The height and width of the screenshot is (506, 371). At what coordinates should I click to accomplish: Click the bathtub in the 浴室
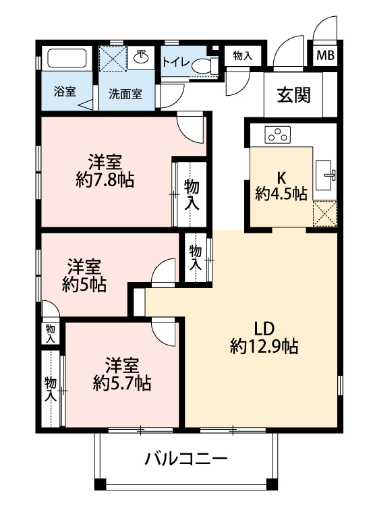coord(67,59)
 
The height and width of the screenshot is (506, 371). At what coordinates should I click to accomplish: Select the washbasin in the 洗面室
coord(141,57)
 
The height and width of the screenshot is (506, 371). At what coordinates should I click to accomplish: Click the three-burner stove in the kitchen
coord(277,134)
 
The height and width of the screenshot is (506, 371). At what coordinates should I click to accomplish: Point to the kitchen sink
coord(325,175)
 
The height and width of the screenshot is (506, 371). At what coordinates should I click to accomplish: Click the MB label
coord(325,55)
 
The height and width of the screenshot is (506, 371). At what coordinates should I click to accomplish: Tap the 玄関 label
coord(294,95)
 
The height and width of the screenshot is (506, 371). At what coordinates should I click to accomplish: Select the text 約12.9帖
coord(264,347)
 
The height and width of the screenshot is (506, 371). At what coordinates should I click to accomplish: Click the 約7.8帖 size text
coord(105,179)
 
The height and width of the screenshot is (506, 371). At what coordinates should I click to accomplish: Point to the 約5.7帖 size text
coord(122,383)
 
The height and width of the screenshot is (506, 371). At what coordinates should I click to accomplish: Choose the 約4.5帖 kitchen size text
coord(281,194)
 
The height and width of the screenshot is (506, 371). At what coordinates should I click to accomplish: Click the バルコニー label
coord(185,459)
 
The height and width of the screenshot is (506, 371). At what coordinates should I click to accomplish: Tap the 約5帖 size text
coord(84,285)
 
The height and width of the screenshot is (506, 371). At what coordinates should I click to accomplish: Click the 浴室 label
coord(65,92)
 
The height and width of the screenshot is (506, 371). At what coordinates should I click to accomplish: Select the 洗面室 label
coord(125,94)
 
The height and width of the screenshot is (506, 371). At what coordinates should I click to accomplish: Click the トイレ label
coord(175,61)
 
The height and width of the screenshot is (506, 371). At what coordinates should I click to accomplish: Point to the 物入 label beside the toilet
coord(242,56)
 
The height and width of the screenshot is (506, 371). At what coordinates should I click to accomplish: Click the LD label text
coord(264,329)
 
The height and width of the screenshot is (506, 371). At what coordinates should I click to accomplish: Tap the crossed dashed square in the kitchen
coord(325,213)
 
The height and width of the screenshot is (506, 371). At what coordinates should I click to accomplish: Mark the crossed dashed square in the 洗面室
coord(113,58)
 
